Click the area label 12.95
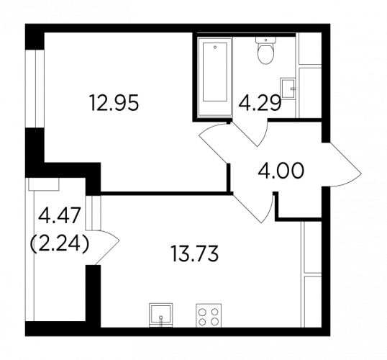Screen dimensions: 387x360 coord(115,102)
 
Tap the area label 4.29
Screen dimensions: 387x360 coord(260,103)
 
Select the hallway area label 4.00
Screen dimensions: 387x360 coord(281,171)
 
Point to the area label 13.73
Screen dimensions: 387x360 coord(194,253)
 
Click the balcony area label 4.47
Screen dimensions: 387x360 coord(60,215)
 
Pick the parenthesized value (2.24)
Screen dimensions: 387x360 coord(59,244)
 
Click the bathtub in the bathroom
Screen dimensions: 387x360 coord(215,76)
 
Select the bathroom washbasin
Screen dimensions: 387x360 coord(288,89)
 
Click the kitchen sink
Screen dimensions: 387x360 coord(161,315)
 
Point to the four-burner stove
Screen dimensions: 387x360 coord(209,315)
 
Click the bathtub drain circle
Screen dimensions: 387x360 coord(215,47)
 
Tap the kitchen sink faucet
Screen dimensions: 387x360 coord(161,320)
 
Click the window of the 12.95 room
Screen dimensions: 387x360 coord(35,89)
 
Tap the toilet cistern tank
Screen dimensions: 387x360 coord(265,40)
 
